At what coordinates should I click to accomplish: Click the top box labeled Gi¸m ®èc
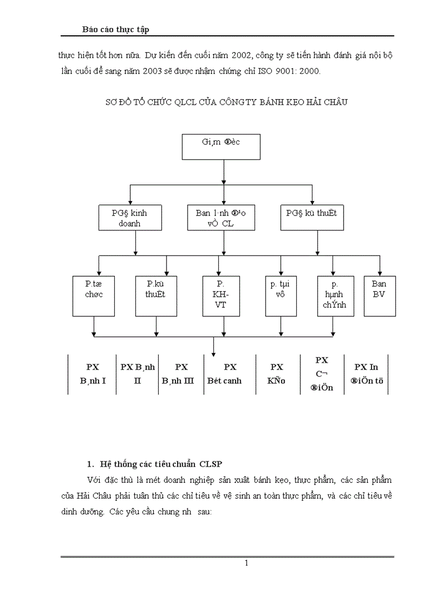tap(224, 147)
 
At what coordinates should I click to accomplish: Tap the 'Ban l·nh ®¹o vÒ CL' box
tap(224, 218)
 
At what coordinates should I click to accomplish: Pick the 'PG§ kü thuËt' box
tap(311, 218)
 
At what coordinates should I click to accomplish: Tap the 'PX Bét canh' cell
tap(230, 374)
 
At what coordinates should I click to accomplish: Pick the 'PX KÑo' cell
tap(277, 374)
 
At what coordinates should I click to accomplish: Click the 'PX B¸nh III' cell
tap(181, 374)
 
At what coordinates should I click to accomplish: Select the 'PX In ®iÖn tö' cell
tap(366, 374)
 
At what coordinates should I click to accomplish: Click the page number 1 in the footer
tap(246, 564)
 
